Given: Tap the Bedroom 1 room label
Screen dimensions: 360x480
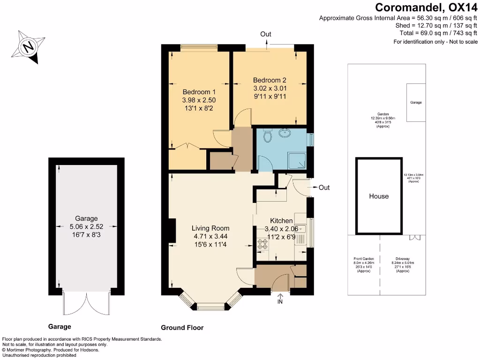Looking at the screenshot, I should pyautogui.click(x=199, y=92).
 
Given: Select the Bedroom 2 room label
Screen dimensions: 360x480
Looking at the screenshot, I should pyautogui.click(x=270, y=80).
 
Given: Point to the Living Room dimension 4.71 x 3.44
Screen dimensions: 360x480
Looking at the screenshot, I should pyautogui.click(x=210, y=237).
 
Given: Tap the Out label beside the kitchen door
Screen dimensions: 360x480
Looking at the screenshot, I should pyautogui.click(x=324, y=187).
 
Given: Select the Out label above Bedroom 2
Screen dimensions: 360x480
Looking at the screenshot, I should pyautogui.click(x=266, y=34).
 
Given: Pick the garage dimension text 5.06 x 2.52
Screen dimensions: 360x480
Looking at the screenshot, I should pyautogui.click(x=87, y=226).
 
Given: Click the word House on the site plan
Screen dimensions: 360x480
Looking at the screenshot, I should pyautogui.click(x=379, y=196).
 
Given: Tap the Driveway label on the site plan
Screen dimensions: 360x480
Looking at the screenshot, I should pyautogui.click(x=403, y=258).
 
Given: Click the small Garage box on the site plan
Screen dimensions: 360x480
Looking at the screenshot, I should pyautogui.click(x=415, y=102).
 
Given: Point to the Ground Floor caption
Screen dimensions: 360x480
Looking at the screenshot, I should pyautogui.click(x=182, y=328).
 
